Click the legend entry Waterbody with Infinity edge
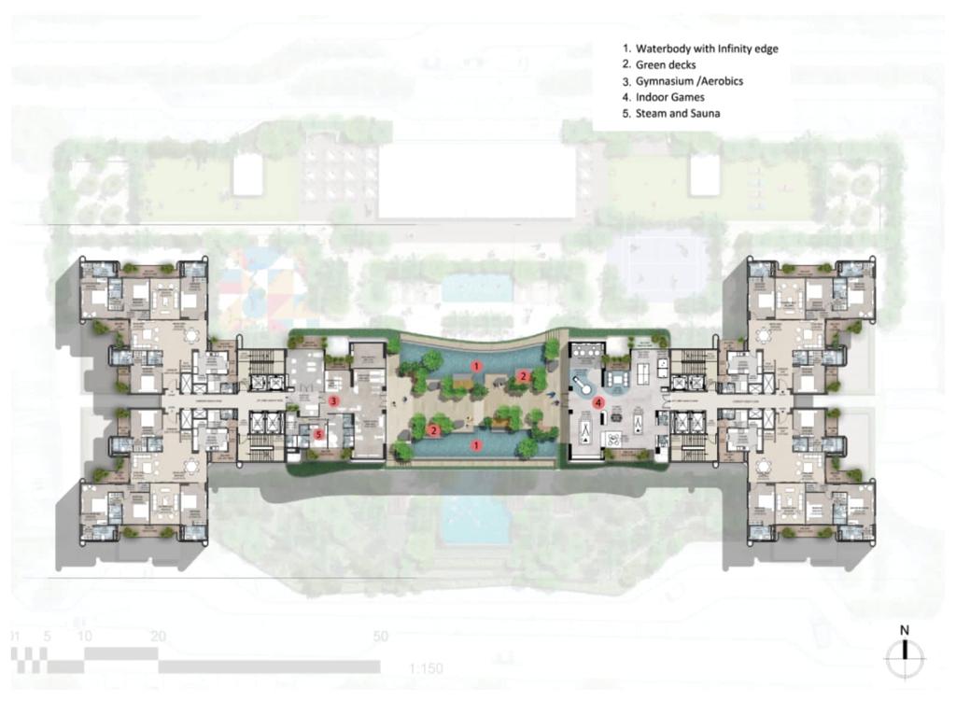click(700, 48)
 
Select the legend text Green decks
click(667, 64)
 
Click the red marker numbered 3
click(332, 400)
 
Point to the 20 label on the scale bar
click(158, 637)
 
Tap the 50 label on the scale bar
click(379, 637)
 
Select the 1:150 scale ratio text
click(426, 668)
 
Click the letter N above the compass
click(904, 630)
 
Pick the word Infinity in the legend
click(731, 48)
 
